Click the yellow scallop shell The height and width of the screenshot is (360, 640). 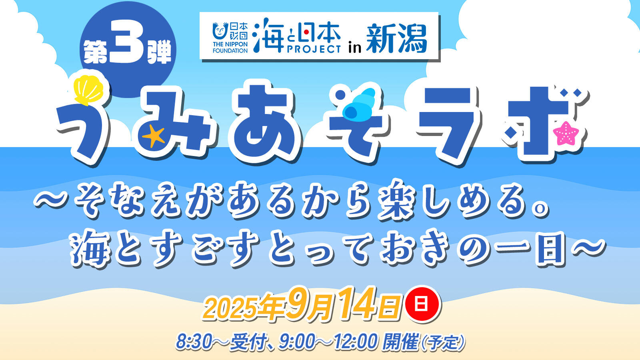(88, 89)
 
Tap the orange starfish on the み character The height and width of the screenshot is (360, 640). (154, 136)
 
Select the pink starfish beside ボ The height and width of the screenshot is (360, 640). (566, 133)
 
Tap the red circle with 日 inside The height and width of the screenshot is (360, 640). (422, 304)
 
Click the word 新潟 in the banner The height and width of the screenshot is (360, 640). (396, 39)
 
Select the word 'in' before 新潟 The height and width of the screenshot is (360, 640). (355, 47)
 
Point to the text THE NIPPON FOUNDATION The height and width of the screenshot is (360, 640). (230, 48)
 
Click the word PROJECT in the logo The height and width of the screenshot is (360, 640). (314, 49)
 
